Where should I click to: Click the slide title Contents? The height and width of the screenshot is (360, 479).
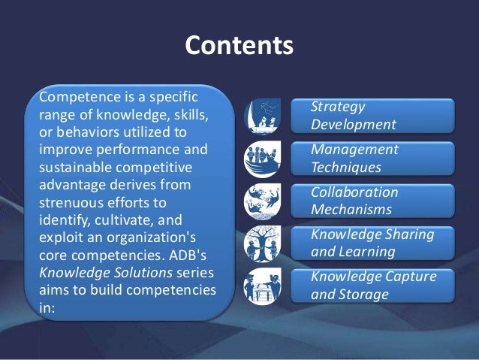tap(239, 47)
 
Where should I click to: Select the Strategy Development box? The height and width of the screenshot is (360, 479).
tap(381, 116)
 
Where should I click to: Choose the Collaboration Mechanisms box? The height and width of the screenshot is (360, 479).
tap(381, 200)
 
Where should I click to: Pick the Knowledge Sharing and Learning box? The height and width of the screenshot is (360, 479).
tap(381, 242)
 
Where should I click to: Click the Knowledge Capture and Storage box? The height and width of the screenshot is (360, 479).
tap(381, 286)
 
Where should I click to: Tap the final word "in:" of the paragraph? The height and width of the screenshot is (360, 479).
tap(47, 307)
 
